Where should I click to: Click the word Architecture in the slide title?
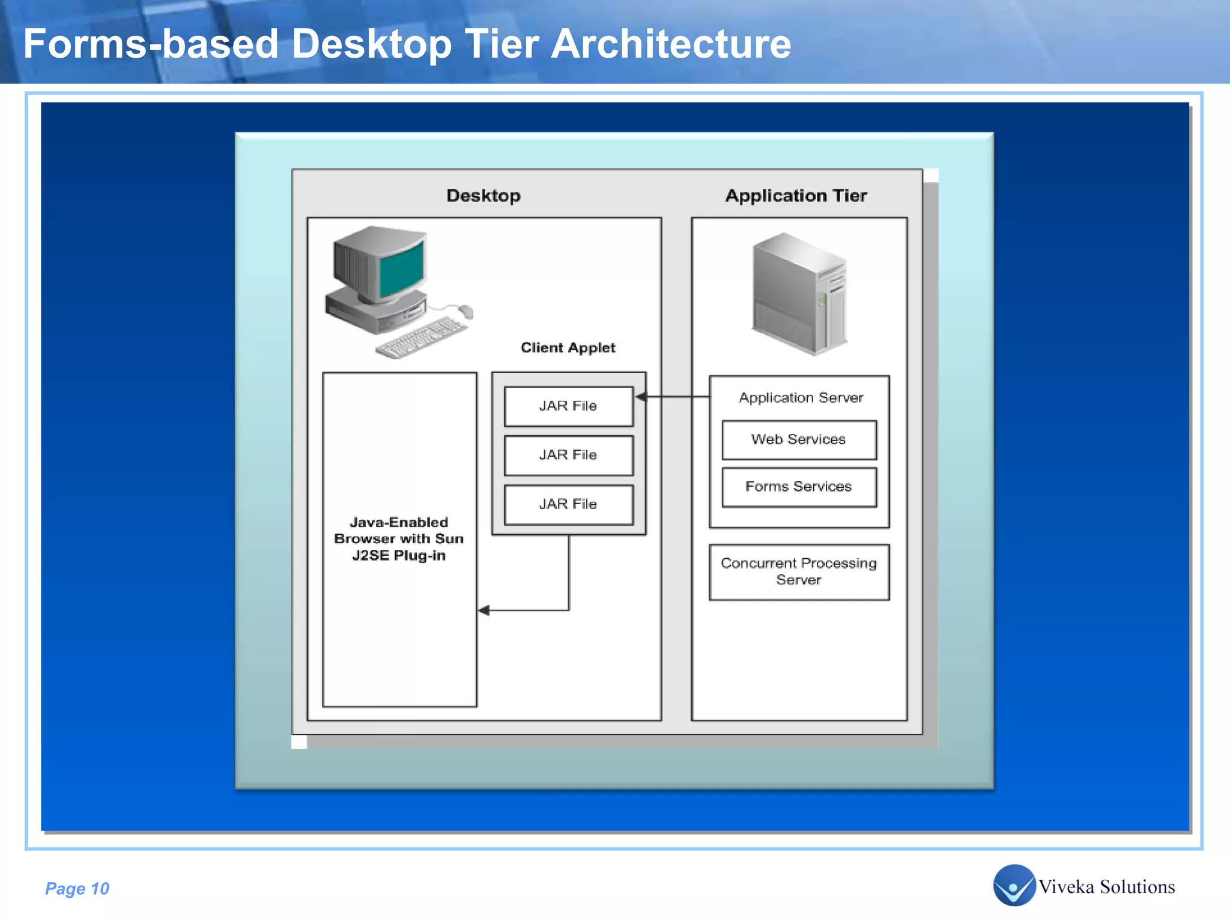point(670,44)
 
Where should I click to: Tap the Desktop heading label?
point(483,196)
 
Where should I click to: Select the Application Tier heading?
point(796,196)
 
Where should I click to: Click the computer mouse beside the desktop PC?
point(466,311)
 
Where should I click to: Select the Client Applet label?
point(568,348)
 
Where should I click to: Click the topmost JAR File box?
point(568,406)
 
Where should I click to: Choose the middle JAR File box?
point(568,455)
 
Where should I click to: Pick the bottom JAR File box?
point(568,505)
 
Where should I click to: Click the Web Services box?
point(799,440)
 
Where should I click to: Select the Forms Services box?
point(799,487)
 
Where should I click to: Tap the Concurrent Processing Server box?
point(799,572)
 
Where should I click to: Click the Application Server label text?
point(801,398)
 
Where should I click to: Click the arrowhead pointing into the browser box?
point(484,611)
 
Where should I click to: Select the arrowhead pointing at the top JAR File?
point(641,397)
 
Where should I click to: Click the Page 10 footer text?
point(77,889)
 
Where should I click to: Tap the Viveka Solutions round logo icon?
point(1014,885)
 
